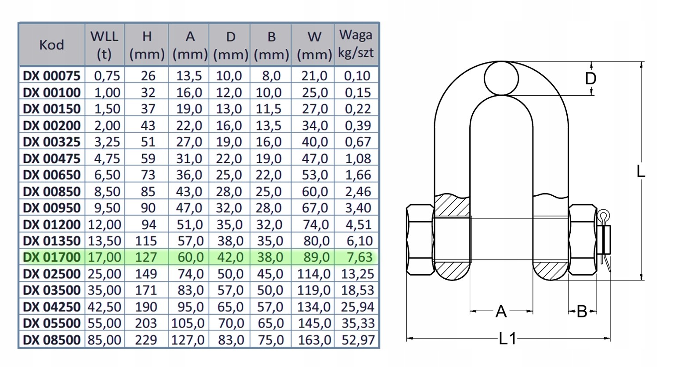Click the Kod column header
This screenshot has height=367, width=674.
51,45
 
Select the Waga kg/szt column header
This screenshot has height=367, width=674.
356,44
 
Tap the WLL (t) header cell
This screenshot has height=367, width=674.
104,45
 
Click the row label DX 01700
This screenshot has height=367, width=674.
52,257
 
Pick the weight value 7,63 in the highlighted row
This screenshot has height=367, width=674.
359,257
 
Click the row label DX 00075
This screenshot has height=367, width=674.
52,76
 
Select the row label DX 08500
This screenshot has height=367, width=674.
52,340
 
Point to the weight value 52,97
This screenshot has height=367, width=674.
358,340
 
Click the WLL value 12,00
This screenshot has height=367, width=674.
105,224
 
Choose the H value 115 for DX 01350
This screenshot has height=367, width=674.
146,241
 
